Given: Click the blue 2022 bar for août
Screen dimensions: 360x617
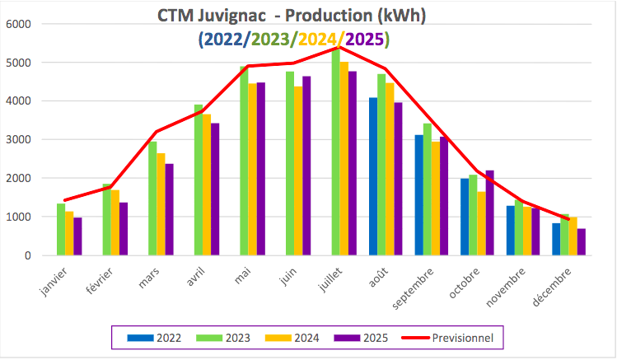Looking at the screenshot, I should [x=373, y=177].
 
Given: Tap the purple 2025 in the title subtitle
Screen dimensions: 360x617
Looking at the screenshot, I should [x=367, y=38].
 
